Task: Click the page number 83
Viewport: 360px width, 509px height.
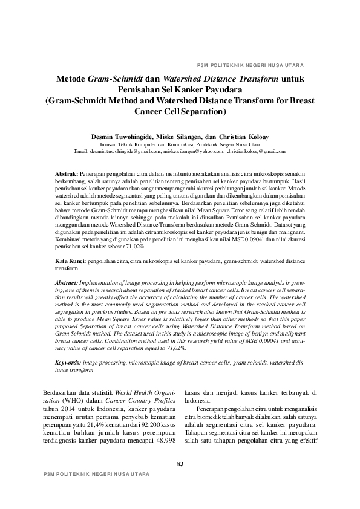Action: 180,464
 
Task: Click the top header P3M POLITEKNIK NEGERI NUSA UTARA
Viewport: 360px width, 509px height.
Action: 250,65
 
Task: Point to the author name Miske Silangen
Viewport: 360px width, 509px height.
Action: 182,137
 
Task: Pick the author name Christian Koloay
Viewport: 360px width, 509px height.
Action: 246,137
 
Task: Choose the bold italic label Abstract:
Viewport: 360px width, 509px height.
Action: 66,282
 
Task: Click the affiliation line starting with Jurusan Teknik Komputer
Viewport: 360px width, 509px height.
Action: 180,145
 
